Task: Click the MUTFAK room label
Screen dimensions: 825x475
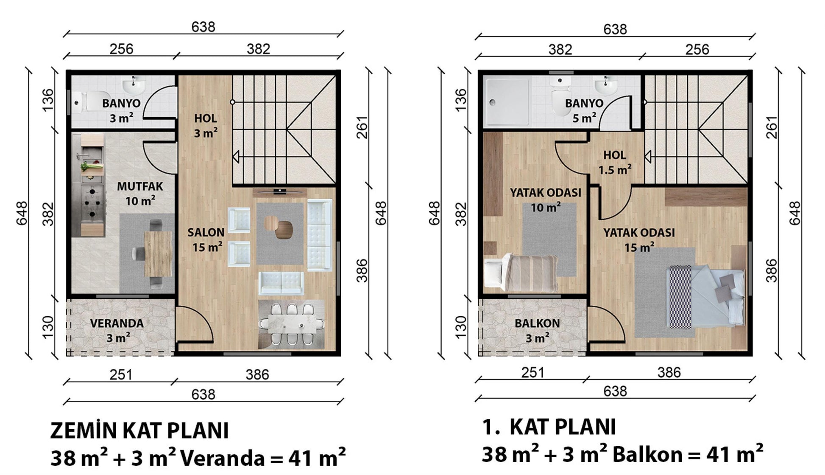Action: pyautogui.click(x=140, y=186)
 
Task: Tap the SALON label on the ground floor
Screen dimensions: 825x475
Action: pyautogui.click(x=206, y=232)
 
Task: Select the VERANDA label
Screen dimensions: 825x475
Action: pyautogui.click(x=117, y=323)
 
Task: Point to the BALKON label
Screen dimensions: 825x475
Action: pyautogui.click(x=537, y=323)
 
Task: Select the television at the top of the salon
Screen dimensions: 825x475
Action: pyautogui.click(x=279, y=192)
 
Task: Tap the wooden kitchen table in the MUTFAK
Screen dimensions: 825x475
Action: pyautogui.click(x=158, y=253)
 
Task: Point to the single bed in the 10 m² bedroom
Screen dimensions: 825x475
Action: pyautogui.click(x=521, y=273)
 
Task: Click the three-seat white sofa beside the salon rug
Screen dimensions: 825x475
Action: pyautogui.click(x=319, y=235)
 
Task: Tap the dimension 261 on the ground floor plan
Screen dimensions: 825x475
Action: pyautogui.click(x=362, y=127)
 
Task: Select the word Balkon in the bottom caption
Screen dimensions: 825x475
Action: pyautogui.click(x=648, y=455)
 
